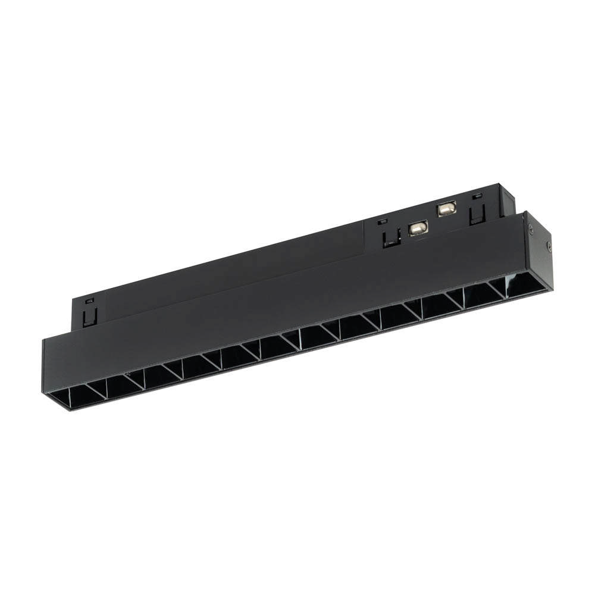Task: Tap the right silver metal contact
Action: coord(446,208)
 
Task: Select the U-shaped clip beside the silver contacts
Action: coord(391,236)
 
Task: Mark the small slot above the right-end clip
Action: coord(475,196)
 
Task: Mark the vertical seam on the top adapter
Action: coord(364,235)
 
